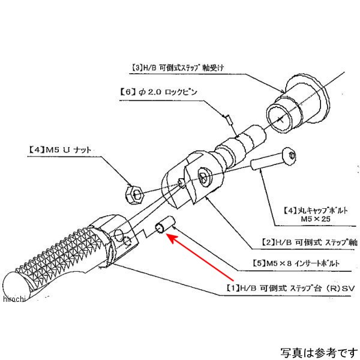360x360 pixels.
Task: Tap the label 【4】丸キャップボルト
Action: coord(313,211)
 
